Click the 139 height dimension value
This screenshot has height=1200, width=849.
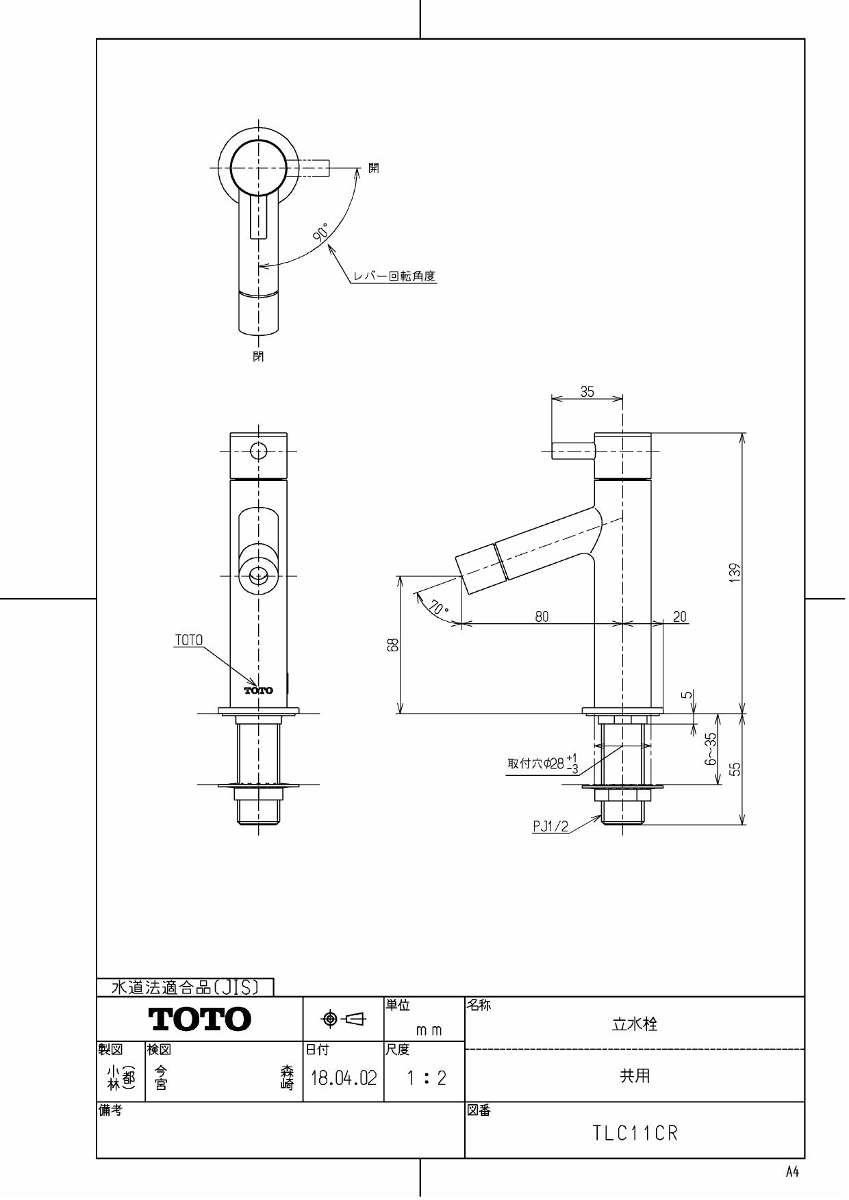coord(735,573)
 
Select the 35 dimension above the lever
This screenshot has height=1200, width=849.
coord(587,392)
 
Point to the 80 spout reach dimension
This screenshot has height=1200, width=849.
coord(542,616)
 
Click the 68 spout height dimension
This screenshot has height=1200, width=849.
coord(393,644)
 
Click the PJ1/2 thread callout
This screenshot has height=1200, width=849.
coord(550,826)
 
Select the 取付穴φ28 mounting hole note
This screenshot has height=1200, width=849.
coord(543,764)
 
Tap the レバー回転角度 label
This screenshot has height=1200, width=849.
coord(394,276)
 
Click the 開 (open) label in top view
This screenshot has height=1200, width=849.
coord(374,168)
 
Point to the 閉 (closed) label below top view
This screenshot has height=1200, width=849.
coord(258,356)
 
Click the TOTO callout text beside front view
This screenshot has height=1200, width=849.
coord(189,640)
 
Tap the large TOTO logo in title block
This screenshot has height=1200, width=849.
coord(200,1019)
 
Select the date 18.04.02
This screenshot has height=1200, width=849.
coord(344,1079)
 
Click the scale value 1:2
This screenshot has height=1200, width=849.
coord(425,1079)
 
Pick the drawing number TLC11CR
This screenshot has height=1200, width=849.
coord(635,1134)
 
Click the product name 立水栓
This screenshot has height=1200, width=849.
coord(634,1024)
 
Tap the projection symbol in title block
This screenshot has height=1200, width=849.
coord(344,1019)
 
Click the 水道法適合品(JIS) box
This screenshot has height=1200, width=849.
coord(185,987)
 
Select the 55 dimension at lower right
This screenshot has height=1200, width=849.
coord(735,770)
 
